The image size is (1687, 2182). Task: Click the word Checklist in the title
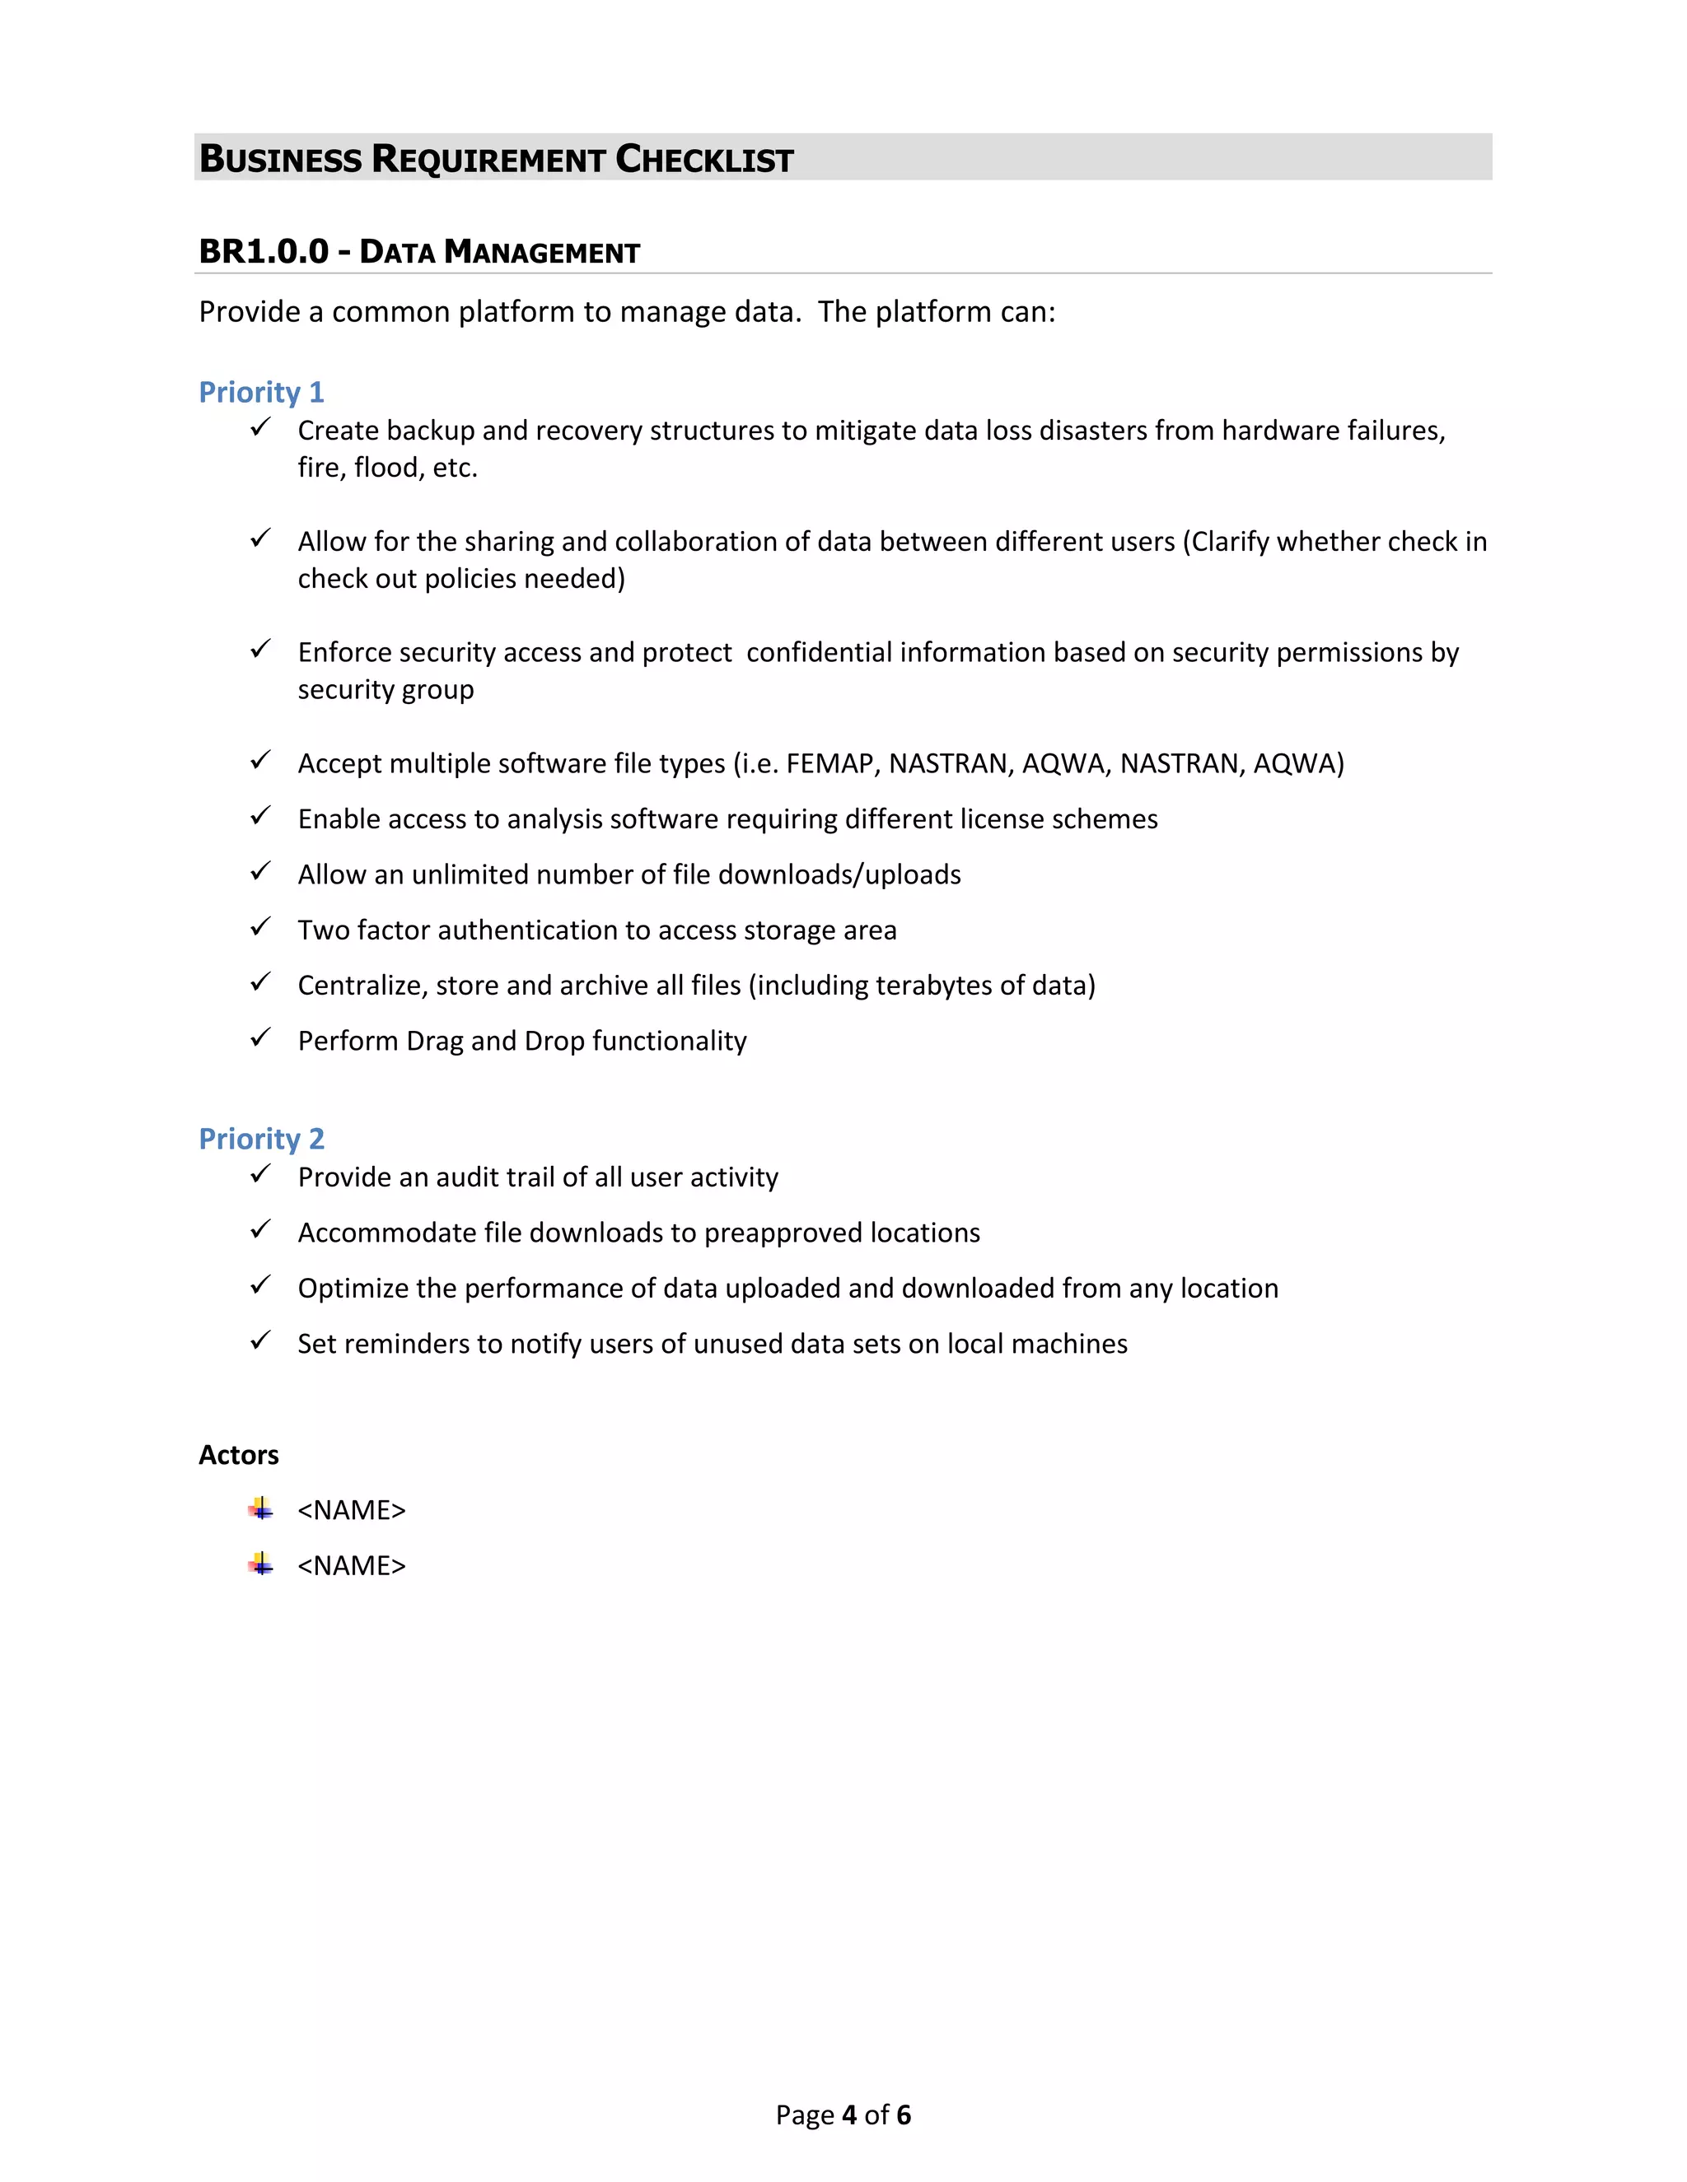click(x=703, y=159)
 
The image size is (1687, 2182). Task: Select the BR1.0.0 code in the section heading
click(x=263, y=251)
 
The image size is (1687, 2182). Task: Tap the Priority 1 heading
click(x=261, y=392)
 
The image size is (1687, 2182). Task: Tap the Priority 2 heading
click(x=261, y=1138)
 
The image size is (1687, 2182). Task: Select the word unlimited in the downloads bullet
click(x=465, y=874)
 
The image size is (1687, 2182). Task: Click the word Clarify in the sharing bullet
click(x=1229, y=542)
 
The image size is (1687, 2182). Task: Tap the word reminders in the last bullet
click(x=406, y=1344)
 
